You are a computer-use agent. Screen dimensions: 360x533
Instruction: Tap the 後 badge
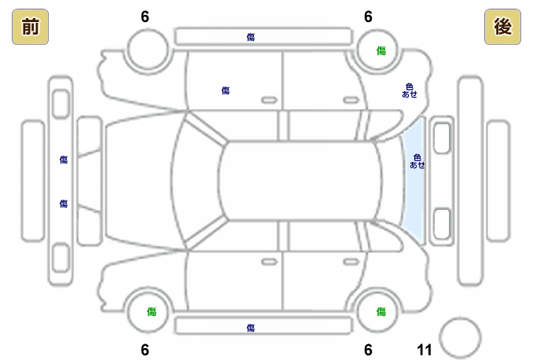[x=503, y=28]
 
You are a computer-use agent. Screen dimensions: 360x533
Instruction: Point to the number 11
[x=425, y=350]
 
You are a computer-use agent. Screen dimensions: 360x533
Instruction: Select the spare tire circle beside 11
[x=459, y=337]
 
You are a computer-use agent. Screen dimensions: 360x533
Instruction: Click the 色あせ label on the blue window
[x=417, y=161]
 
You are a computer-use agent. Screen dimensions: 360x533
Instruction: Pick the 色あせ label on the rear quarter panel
[x=409, y=90]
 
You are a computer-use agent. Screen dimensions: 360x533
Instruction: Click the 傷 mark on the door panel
[x=226, y=91]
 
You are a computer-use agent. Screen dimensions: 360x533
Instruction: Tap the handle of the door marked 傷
[x=269, y=100]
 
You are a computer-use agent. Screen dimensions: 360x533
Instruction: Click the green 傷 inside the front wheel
[x=151, y=311]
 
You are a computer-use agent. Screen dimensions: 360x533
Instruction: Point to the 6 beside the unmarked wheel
[x=145, y=17]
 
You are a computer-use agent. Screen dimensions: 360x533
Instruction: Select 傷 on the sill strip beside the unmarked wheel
[x=250, y=36]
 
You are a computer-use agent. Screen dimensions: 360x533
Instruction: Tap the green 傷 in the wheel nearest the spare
[x=380, y=311]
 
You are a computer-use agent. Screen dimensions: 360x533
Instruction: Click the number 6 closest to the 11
[x=368, y=350]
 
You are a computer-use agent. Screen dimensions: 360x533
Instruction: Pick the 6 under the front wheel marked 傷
[x=145, y=350]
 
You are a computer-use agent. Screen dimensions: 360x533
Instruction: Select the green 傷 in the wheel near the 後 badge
[x=380, y=50]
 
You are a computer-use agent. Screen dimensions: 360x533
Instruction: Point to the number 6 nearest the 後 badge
[x=368, y=17]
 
